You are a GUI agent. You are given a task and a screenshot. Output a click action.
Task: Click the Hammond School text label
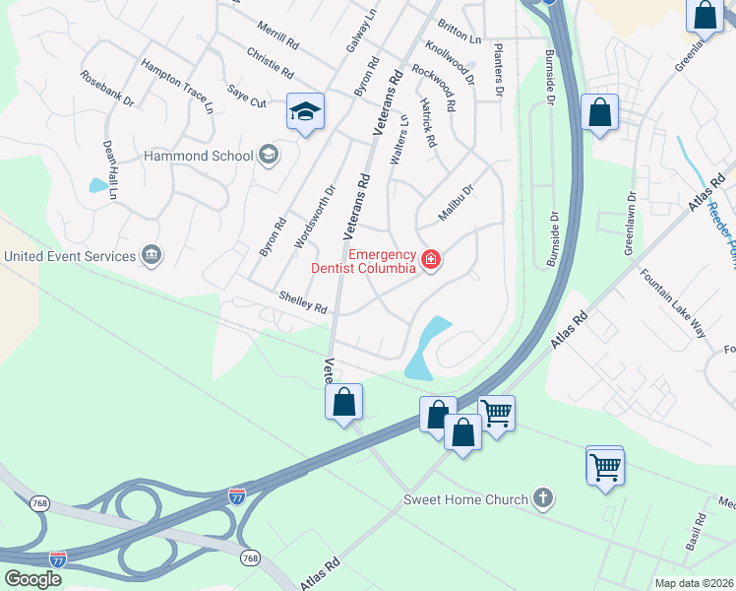click(197, 156)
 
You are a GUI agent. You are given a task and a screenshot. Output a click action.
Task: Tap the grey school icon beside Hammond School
click(268, 155)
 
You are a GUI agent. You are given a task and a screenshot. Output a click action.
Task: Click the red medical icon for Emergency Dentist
click(430, 260)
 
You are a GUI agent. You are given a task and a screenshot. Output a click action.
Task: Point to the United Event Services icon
click(152, 256)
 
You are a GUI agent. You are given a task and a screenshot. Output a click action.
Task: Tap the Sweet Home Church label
click(465, 499)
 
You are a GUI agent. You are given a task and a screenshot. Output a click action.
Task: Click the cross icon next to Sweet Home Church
click(542, 498)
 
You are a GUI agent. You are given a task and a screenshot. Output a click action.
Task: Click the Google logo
click(33, 579)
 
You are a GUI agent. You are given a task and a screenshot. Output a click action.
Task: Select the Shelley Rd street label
click(302, 301)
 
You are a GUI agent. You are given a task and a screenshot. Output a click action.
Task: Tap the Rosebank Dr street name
click(107, 88)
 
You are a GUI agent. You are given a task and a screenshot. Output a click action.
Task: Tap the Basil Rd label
click(696, 531)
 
